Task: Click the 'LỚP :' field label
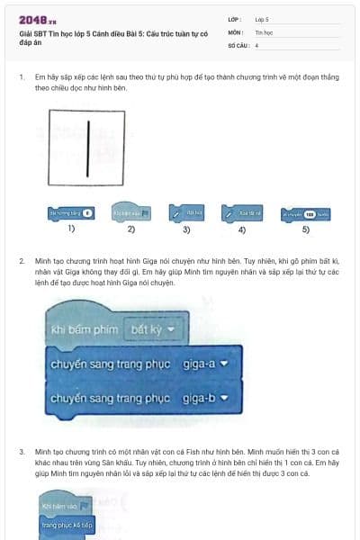click(x=237, y=18)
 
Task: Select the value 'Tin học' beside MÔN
click(x=264, y=31)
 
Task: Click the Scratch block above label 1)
click(x=70, y=214)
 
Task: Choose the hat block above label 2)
click(x=131, y=213)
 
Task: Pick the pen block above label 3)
click(x=189, y=213)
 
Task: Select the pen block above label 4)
click(x=243, y=213)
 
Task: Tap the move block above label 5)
click(x=307, y=214)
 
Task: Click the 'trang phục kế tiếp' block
click(x=68, y=523)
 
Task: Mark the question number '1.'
click(x=21, y=77)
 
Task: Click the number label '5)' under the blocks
click(x=305, y=229)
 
